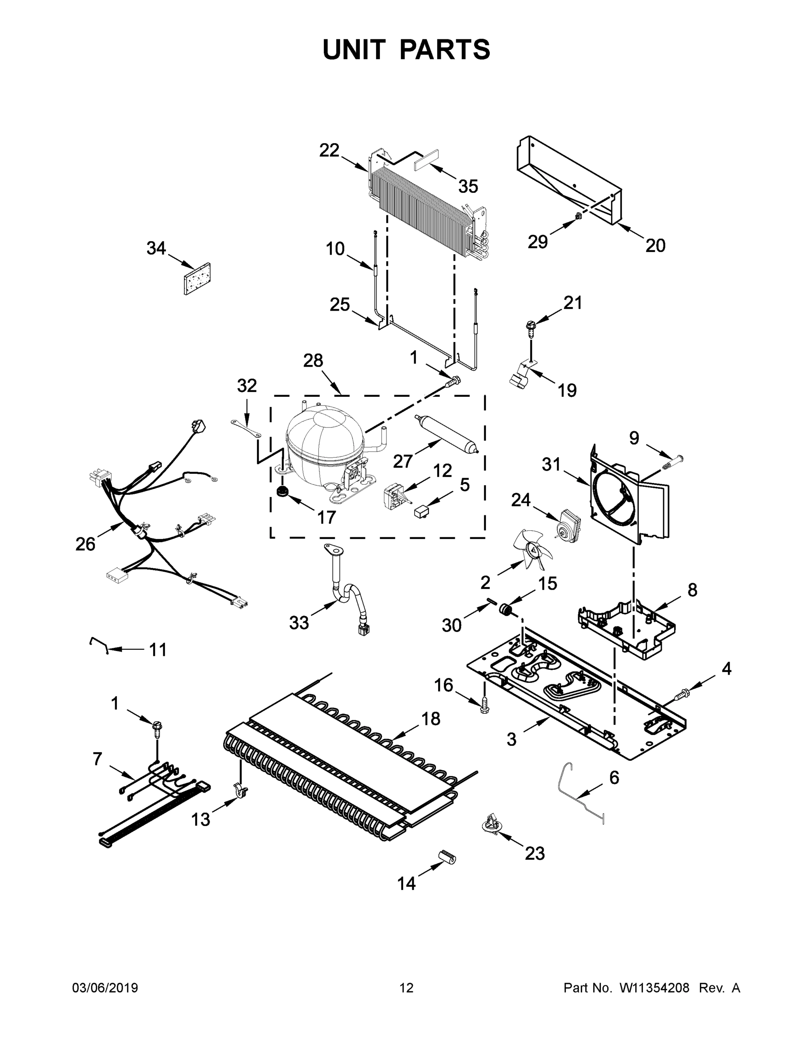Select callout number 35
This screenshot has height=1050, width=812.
[x=468, y=186]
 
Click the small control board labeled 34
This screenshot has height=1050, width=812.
[x=198, y=279]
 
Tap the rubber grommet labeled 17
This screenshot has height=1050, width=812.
[x=281, y=492]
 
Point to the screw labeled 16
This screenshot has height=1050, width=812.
[x=485, y=705]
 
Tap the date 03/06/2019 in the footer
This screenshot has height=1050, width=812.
[x=105, y=988]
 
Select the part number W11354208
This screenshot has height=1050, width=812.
[x=654, y=988]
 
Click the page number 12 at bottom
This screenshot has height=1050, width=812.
[x=407, y=988]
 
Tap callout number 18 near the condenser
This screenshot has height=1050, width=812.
[x=431, y=719]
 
